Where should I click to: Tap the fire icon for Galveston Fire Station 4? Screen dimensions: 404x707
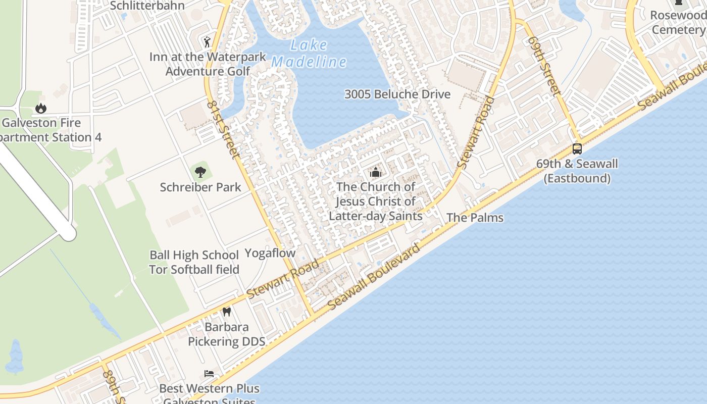[x=41, y=108]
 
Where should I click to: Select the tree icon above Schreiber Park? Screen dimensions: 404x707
[x=200, y=172]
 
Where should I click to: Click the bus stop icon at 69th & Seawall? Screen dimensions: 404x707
[x=577, y=149]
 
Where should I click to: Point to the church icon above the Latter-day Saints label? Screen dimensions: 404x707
[x=375, y=173]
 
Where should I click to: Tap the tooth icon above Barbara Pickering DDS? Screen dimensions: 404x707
[x=227, y=312]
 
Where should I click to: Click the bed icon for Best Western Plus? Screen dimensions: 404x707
[x=209, y=374]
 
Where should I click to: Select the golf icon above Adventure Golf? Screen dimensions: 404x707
[x=207, y=41]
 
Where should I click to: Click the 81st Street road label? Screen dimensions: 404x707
[x=222, y=129]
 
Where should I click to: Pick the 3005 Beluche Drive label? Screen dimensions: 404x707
[x=397, y=94]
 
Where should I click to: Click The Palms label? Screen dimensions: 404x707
[x=475, y=218]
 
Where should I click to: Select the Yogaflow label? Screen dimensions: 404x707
[x=270, y=253]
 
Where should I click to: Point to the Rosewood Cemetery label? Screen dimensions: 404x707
[x=678, y=22]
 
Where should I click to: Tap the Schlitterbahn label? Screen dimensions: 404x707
[x=147, y=6]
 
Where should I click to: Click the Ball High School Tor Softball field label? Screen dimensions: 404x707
[x=194, y=262]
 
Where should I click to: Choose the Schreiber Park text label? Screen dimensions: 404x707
[x=200, y=187]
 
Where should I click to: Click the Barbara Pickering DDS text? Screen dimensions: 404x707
[x=226, y=334]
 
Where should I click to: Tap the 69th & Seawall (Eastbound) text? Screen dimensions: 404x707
[x=577, y=171]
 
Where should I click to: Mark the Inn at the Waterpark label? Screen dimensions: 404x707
[x=208, y=57]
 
